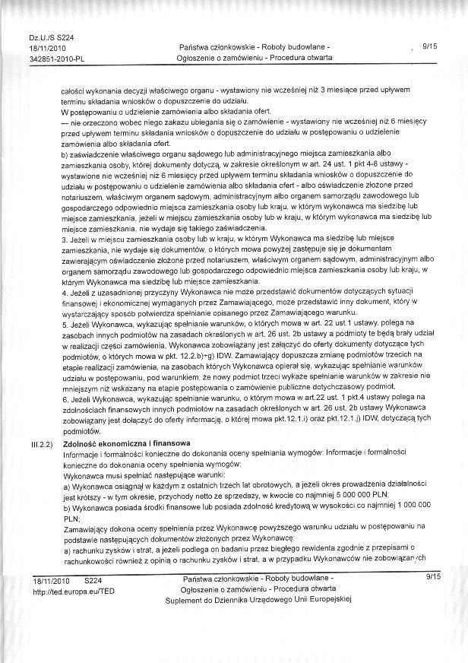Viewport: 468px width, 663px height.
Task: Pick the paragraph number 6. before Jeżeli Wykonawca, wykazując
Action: tap(65, 398)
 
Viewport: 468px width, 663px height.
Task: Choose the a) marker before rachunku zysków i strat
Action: tap(66, 549)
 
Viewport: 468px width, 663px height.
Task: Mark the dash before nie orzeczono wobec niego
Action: tap(65, 122)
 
